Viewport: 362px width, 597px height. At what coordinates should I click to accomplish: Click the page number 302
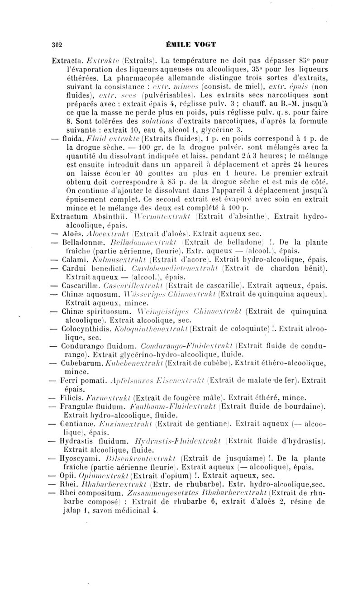[x=57, y=44]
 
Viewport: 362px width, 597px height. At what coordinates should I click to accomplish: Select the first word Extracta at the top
[x=67, y=59]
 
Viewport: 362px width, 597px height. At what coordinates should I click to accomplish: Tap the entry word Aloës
[x=71, y=234]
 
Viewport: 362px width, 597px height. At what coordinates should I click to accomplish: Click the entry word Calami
[x=73, y=262]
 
